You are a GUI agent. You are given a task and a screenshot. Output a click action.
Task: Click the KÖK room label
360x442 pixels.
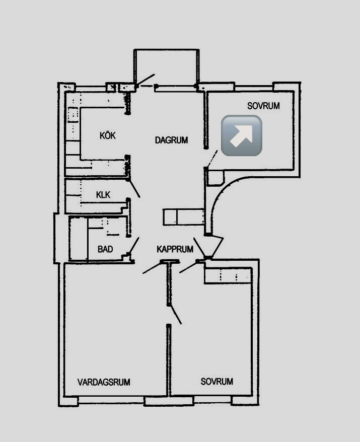(x=108, y=135)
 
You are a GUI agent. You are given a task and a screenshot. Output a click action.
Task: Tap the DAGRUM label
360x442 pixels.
(x=171, y=140)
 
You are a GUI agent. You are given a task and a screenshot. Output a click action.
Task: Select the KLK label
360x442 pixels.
(x=103, y=195)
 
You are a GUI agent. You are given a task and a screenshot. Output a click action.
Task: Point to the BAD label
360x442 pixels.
(x=105, y=249)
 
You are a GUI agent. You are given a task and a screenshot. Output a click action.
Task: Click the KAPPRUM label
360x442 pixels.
(x=175, y=249)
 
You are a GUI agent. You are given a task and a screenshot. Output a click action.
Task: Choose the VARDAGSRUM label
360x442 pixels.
(x=104, y=382)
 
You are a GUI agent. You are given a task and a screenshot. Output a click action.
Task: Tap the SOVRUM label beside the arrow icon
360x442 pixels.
(x=264, y=106)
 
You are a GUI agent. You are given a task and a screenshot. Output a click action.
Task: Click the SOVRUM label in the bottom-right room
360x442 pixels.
(x=217, y=382)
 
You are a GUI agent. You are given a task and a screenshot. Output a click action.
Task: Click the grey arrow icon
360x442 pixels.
(x=242, y=135)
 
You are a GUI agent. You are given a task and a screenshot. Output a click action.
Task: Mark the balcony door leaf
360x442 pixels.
(x=145, y=80)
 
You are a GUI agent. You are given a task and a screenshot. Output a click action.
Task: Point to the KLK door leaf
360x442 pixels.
(x=134, y=188)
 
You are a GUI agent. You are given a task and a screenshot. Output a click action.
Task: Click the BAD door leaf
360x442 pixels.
(x=133, y=246)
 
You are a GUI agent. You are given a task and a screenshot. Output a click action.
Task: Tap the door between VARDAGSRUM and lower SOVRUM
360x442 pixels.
(x=175, y=314)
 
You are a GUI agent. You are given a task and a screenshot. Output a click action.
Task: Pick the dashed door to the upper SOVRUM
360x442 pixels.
(x=212, y=159)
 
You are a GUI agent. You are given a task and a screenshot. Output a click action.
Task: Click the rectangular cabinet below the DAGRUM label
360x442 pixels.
(x=183, y=217)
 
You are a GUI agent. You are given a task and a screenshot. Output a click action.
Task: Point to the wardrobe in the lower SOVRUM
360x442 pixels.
(x=228, y=275)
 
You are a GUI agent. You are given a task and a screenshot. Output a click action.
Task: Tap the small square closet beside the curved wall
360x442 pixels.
(x=215, y=178)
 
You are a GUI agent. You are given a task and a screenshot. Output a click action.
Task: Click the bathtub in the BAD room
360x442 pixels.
(x=79, y=239)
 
